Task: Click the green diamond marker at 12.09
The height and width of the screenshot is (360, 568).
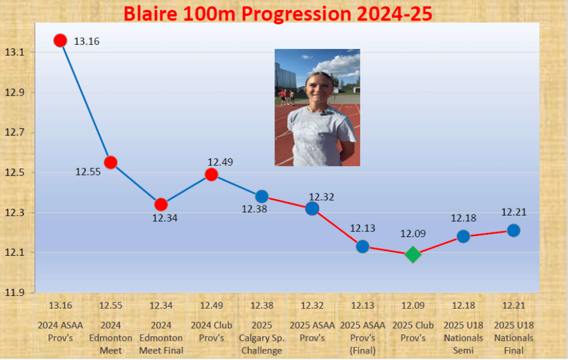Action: (x=413, y=254)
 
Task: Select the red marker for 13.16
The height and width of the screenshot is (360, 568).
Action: (x=61, y=40)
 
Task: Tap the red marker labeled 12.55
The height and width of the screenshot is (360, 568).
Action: (x=111, y=163)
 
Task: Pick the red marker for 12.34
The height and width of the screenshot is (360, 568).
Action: (x=161, y=204)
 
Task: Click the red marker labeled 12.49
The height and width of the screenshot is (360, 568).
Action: (x=211, y=175)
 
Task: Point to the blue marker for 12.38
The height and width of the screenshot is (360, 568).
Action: (x=262, y=196)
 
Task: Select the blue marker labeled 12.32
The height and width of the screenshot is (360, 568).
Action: (x=312, y=209)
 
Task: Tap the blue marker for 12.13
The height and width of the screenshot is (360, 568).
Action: (x=362, y=246)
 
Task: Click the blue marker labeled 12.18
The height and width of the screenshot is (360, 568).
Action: (x=463, y=237)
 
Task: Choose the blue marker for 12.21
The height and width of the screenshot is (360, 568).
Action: (x=514, y=230)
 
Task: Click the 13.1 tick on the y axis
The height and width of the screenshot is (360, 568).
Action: (x=14, y=52)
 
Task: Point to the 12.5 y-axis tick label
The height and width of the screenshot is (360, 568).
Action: (x=14, y=173)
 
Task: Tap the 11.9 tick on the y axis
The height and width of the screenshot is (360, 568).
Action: (x=14, y=292)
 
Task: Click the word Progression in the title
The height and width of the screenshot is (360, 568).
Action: (x=297, y=15)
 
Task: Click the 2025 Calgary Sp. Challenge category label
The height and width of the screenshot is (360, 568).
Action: (x=262, y=338)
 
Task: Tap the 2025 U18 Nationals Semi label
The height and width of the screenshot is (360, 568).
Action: (x=463, y=338)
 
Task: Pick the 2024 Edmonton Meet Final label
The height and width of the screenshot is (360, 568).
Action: (x=161, y=338)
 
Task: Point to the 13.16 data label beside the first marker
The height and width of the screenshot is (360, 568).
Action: (x=87, y=41)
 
